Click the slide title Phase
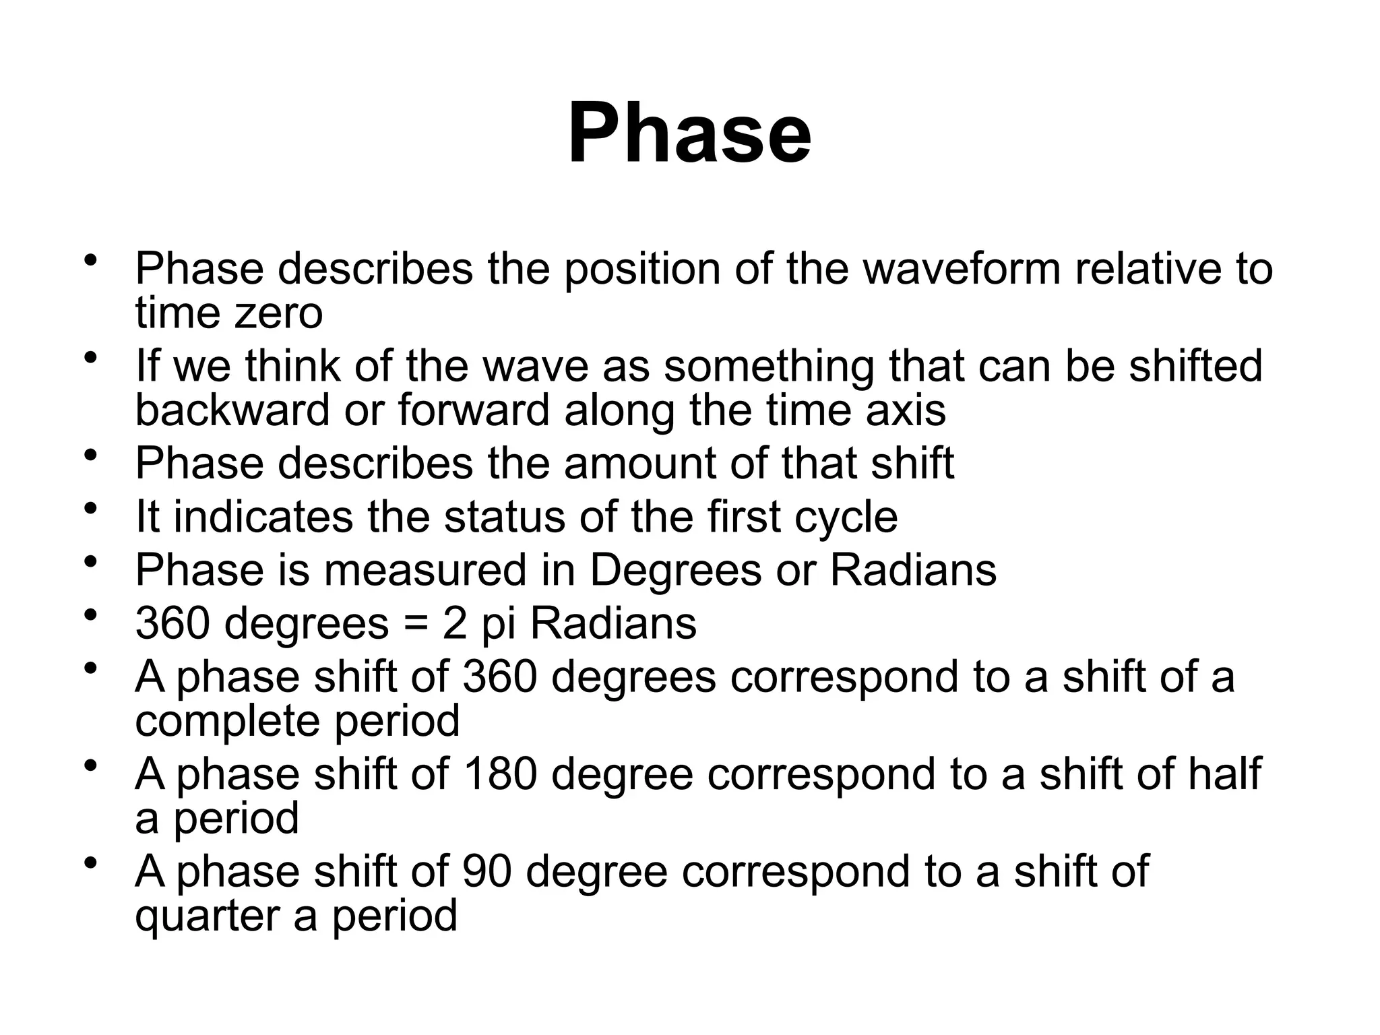coord(689,133)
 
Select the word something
coord(769,366)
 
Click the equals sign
coord(416,624)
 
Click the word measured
coord(425,570)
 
